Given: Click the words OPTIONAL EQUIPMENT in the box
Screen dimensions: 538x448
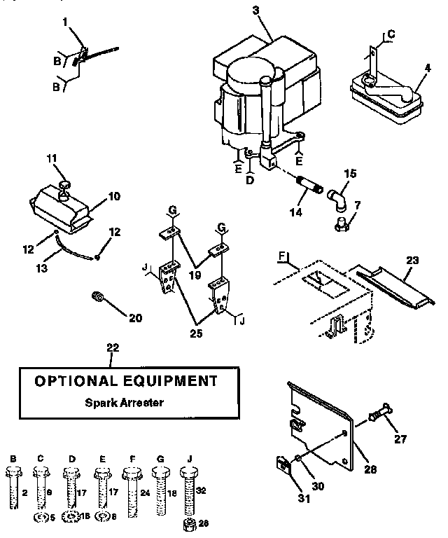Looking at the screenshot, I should (126, 382).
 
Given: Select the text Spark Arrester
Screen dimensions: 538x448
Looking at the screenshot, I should (126, 403).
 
